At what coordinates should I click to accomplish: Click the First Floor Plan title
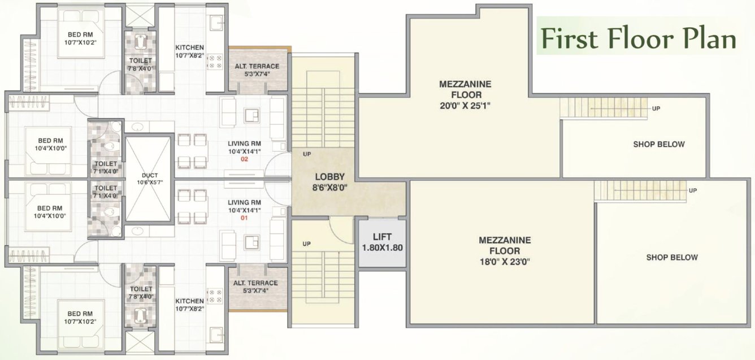(639, 39)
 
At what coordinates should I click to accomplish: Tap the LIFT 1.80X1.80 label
(382, 242)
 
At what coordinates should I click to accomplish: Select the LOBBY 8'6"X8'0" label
(329, 182)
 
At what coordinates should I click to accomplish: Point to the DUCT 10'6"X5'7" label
(150, 179)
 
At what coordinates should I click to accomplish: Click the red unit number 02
(244, 159)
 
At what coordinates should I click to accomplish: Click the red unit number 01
(244, 218)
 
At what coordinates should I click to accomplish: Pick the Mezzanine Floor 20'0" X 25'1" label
(465, 95)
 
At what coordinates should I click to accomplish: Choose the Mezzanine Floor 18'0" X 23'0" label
(505, 251)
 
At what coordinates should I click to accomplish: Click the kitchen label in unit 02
(189, 47)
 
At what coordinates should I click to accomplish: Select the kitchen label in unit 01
(189, 301)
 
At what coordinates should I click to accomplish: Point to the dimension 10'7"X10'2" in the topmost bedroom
(80, 42)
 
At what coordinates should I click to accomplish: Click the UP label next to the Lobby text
(307, 154)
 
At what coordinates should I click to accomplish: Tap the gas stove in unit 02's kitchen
(215, 62)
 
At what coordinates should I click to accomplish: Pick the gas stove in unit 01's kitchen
(215, 296)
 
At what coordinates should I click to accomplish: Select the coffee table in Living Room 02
(252, 115)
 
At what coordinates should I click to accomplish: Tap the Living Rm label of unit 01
(244, 202)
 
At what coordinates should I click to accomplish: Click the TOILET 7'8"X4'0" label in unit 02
(140, 64)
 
